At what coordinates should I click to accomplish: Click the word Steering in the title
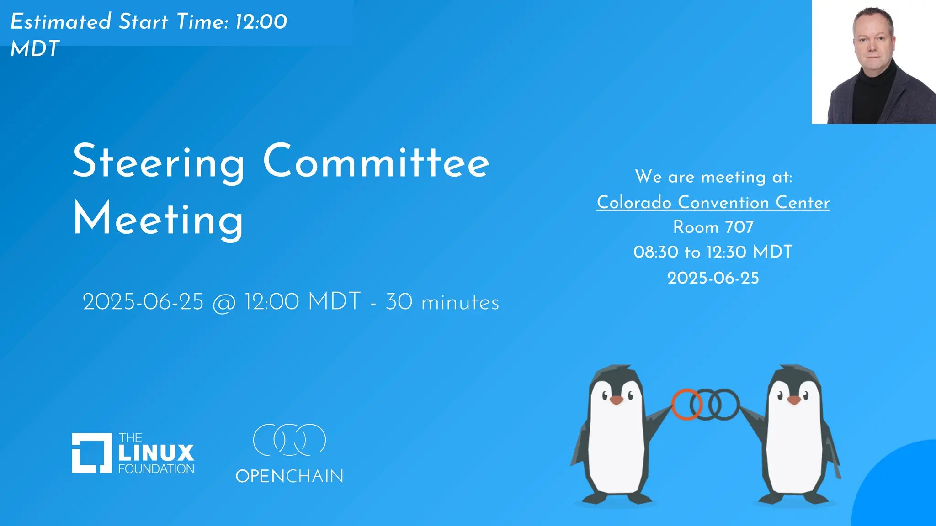point(159,162)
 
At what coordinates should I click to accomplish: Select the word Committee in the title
point(376,162)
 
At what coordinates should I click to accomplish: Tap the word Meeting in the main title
point(158,220)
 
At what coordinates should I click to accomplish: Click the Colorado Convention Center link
point(713,202)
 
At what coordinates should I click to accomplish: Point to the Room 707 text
point(713,227)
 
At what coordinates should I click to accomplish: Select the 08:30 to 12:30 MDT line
point(713,252)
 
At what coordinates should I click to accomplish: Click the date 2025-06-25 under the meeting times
point(713,278)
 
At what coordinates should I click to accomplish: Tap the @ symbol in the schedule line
point(224,303)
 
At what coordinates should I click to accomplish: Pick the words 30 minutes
point(442,302)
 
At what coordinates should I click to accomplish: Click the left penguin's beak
point(617,400)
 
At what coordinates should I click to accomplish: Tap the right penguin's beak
point(794,400)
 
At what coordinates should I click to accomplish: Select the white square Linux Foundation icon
point(92,453)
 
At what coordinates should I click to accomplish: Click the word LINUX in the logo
point(156,453)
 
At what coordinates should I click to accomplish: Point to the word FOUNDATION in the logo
point(156,469)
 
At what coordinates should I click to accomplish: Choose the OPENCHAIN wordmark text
point(289,476)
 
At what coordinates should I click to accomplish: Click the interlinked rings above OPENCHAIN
point(289,440)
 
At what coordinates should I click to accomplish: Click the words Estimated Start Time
point(119,21)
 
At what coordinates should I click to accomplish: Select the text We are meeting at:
point(713,177)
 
